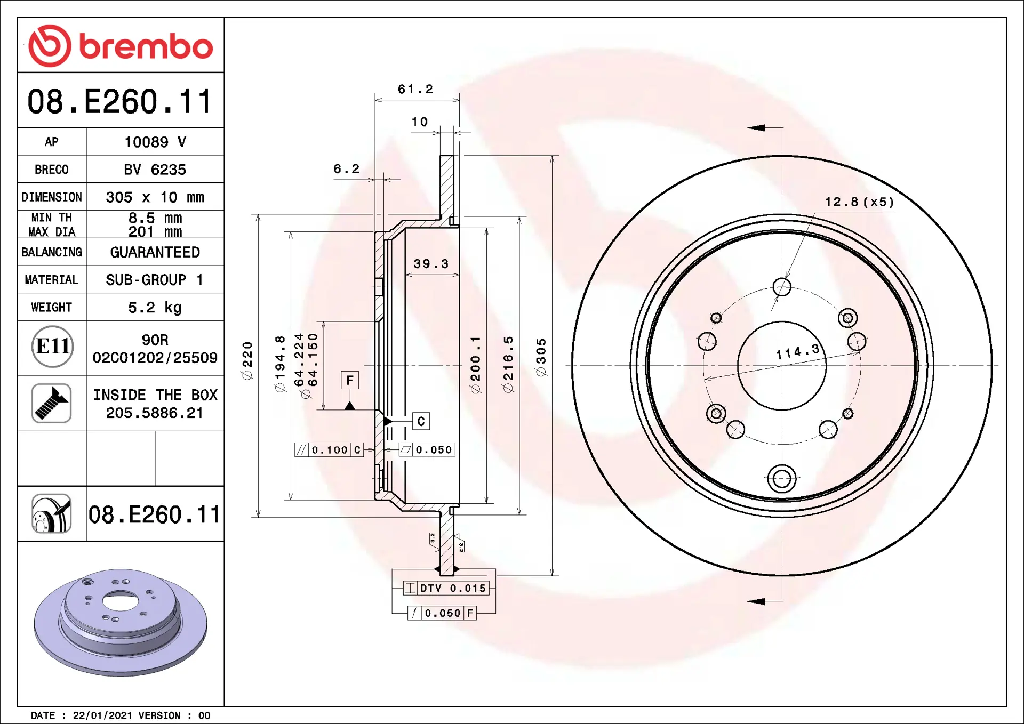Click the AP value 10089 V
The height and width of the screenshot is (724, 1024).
(x=155, y=142)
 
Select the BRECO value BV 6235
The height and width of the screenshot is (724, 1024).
(x=155, y=170)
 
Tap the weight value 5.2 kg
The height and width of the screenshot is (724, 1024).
(x=155, y=308)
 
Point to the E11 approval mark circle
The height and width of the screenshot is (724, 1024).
(x=52, y=347)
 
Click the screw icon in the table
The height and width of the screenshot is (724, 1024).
(x=52, y=403)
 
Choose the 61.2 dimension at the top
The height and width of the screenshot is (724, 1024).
(x=415, y=89)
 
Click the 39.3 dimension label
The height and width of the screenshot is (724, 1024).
(x=431, y=264)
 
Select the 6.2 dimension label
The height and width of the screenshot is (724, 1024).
(x=347, y=169)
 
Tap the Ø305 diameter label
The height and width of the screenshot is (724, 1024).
(x=541, y=357)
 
